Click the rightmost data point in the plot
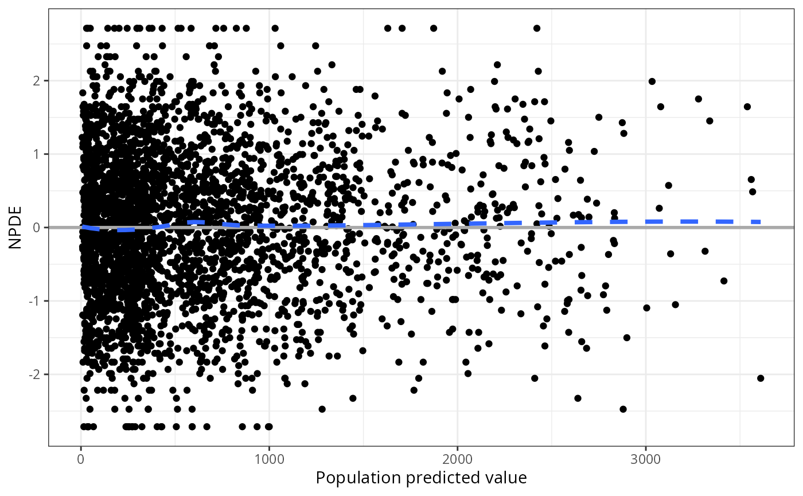click(x=761, y=378)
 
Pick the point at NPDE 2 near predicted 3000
click(x=652, y=81)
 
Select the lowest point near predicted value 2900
click(x=623, y=409)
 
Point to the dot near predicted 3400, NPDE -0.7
click(x=724, y=281)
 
